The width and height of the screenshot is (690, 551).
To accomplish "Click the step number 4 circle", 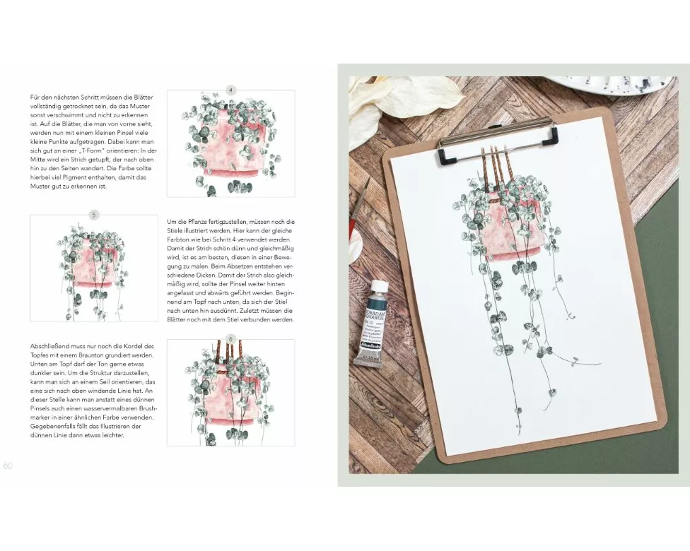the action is (x=230, y=90).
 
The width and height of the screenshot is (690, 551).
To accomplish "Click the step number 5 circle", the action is (x=94, y=215).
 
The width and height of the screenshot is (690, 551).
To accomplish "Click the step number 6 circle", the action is (x=230, y=340).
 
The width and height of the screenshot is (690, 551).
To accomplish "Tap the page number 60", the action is (x=8, y=466).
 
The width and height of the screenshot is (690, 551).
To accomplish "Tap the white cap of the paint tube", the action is (x=380, y=286).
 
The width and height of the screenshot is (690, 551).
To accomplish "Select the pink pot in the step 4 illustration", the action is (x=230, y=145).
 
